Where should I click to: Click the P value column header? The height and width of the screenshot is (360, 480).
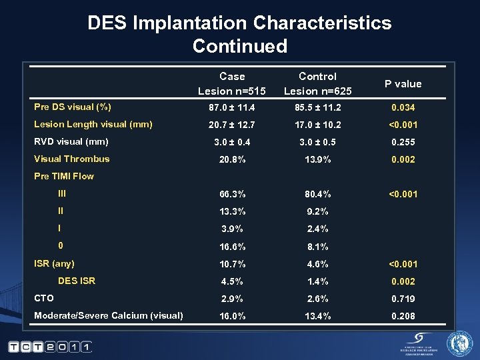coord(403,84)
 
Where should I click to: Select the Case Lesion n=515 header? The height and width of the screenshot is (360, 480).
coord(231,84)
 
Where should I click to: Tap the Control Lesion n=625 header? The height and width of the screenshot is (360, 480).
coord(317,84)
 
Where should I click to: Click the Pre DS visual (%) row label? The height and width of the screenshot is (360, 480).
coord(73,107)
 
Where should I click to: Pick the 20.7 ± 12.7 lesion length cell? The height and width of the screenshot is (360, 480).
coord(231,125)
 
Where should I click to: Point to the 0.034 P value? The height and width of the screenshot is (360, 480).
coord(403,107)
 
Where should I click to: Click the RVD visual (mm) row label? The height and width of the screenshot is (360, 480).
coord(71,141)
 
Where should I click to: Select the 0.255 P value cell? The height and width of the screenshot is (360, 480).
coord(403,142)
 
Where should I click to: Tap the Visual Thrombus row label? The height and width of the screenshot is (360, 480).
coord(72,159)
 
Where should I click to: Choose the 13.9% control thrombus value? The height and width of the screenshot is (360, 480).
coord(317,159)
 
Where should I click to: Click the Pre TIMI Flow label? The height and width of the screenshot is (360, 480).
coord(64,176)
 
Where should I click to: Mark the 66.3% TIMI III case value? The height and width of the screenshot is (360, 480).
coord(231,194)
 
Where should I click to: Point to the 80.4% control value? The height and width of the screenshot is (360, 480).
coord(317,194)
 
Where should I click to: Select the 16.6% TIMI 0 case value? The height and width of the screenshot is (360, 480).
coord(231,247)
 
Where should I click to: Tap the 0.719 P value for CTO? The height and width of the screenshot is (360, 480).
coord(403,299)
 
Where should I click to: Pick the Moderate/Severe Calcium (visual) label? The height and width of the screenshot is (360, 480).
coord(109,315)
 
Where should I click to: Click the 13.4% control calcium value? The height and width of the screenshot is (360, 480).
coord(317,316)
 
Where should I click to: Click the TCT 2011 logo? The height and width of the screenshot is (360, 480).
coord(50,347)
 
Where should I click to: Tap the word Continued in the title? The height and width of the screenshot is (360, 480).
coord(239,46)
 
